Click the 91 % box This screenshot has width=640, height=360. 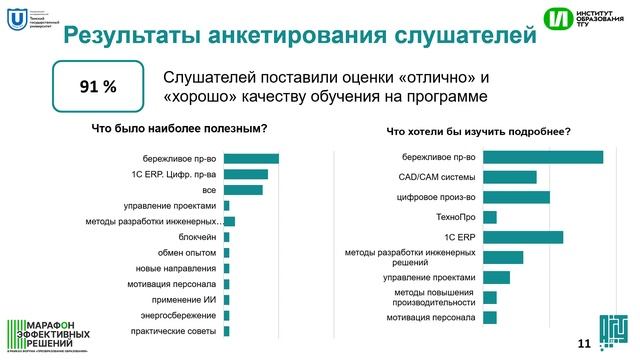click(x=98, y=87)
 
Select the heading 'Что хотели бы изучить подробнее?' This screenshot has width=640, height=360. click(x=479, y=130)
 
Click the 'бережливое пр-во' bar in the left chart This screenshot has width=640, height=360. click(x=251, y=158)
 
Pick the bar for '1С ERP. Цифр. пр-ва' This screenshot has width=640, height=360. click(x=246, y=174)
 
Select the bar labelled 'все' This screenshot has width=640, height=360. click(x=243, y=190)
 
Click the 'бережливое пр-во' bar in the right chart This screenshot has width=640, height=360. click(x=542, y=157)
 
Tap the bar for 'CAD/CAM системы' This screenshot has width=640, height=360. click(x=509, y=177)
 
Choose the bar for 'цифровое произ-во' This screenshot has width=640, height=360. click(x=515, y=197)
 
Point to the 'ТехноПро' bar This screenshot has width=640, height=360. click(x=489, y=217)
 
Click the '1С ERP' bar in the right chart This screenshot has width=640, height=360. click(x=522, y=237)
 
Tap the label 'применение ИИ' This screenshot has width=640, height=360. click(x=184, y=299)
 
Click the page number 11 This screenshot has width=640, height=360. click(x=584, y=344)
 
